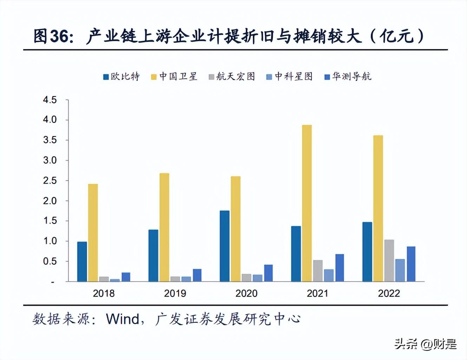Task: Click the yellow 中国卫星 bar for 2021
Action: coord(307,203)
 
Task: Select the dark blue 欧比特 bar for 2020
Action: coord(224,246)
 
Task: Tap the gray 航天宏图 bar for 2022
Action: coord(389,261)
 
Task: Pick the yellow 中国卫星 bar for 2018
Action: coord(93,233)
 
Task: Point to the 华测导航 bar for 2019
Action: coord(197,275)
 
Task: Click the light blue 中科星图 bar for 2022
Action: coord(400,270)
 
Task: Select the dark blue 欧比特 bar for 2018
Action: coord(82,261)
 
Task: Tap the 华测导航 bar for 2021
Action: coord(340,268)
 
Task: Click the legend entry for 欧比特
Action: coord(121,76)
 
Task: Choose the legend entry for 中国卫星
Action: coord(174,76)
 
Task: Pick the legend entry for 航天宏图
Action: coord(232,76)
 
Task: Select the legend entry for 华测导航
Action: coord(348,76)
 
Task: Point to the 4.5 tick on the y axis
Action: coord(50,100)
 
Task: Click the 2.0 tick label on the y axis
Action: coord(50,201)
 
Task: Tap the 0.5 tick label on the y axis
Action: coord(50,261)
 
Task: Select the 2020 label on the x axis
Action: coord(246,293)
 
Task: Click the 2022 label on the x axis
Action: coord(389,293)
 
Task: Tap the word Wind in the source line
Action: coord(123,319)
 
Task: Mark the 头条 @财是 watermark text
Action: coord(425,344)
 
